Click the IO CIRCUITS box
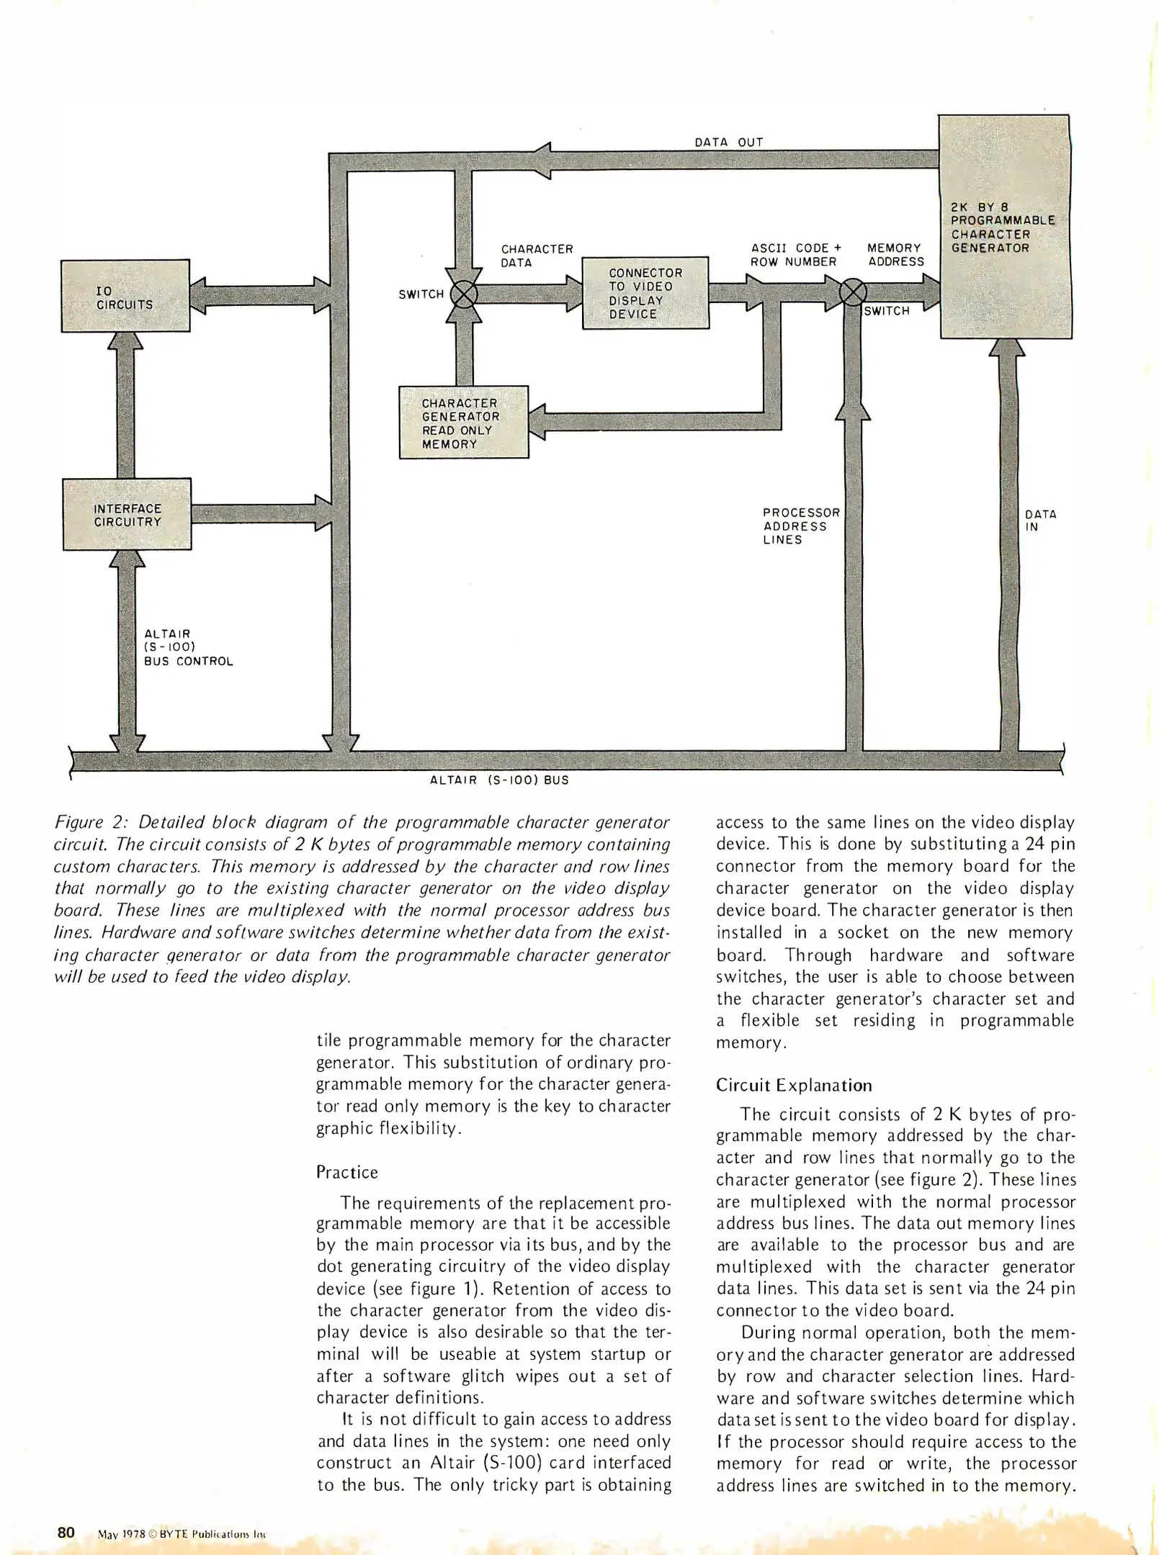tap(125, 296)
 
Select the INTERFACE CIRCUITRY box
tap(127, 514)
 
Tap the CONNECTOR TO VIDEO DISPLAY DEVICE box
tap(645, 293)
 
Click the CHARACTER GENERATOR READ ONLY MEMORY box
tap(464, 423)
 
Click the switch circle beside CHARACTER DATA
tap(464, 294)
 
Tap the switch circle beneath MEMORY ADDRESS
tap(854, 292)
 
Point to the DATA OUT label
tap(728, 142)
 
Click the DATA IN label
tap(1040, 520)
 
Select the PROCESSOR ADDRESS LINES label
tap(801, 526)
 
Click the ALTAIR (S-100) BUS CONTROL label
tap(188, 647)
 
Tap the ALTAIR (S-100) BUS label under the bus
tap(499, 780)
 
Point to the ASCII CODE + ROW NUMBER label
tap(795, 255)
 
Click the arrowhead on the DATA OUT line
tap(541, 161)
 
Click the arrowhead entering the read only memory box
tap(538, 422)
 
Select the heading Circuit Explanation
tap(793, 1085)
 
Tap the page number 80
tap(66, 1532)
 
